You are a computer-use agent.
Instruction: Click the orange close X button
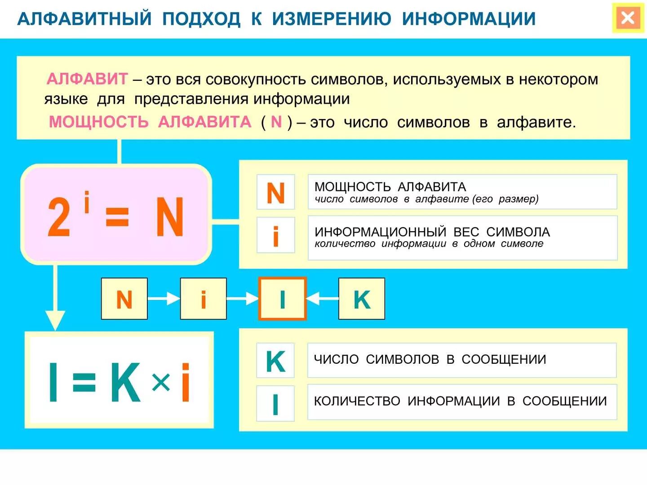point(627,18)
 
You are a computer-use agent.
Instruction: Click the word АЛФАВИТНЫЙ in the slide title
point(84,19)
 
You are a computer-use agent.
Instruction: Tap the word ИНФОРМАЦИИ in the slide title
point(469,19)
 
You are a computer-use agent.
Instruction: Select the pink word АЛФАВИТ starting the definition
point(87,79)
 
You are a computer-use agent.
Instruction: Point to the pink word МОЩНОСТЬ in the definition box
point(99,122)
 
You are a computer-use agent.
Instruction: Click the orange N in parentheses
point(276,122)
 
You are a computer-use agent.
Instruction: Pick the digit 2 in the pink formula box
point(59,217)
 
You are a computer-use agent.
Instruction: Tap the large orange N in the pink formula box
point(170,217)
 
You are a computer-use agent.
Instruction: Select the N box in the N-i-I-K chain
point(124,299)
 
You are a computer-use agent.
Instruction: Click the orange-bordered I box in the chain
point(282,299)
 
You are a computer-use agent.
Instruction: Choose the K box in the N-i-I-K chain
point(362,299)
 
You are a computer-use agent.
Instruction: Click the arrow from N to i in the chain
point(164,299)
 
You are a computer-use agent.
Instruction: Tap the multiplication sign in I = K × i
point(160,382)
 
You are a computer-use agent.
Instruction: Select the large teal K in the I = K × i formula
point(125,382)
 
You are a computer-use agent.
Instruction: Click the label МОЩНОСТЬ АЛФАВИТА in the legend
point(390,187)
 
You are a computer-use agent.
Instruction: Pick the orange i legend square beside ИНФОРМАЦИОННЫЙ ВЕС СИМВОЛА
point(276,236)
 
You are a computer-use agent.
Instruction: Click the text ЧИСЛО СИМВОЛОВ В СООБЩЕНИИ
point(430,359)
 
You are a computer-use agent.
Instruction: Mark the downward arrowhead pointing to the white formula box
point(55,320)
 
